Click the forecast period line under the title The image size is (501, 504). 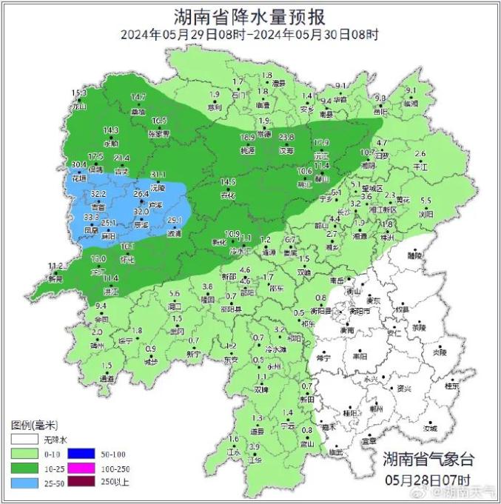(x=250, y=34)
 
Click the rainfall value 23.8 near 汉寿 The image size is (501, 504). (x=286, y=138)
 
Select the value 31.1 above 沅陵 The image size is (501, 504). (x=158, y=175)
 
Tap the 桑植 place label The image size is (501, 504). (x=138, y=112)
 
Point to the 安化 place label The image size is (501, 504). (x=227, y=195)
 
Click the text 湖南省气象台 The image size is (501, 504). (x=426, y=459)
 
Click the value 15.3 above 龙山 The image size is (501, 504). (x=79, y=93)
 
